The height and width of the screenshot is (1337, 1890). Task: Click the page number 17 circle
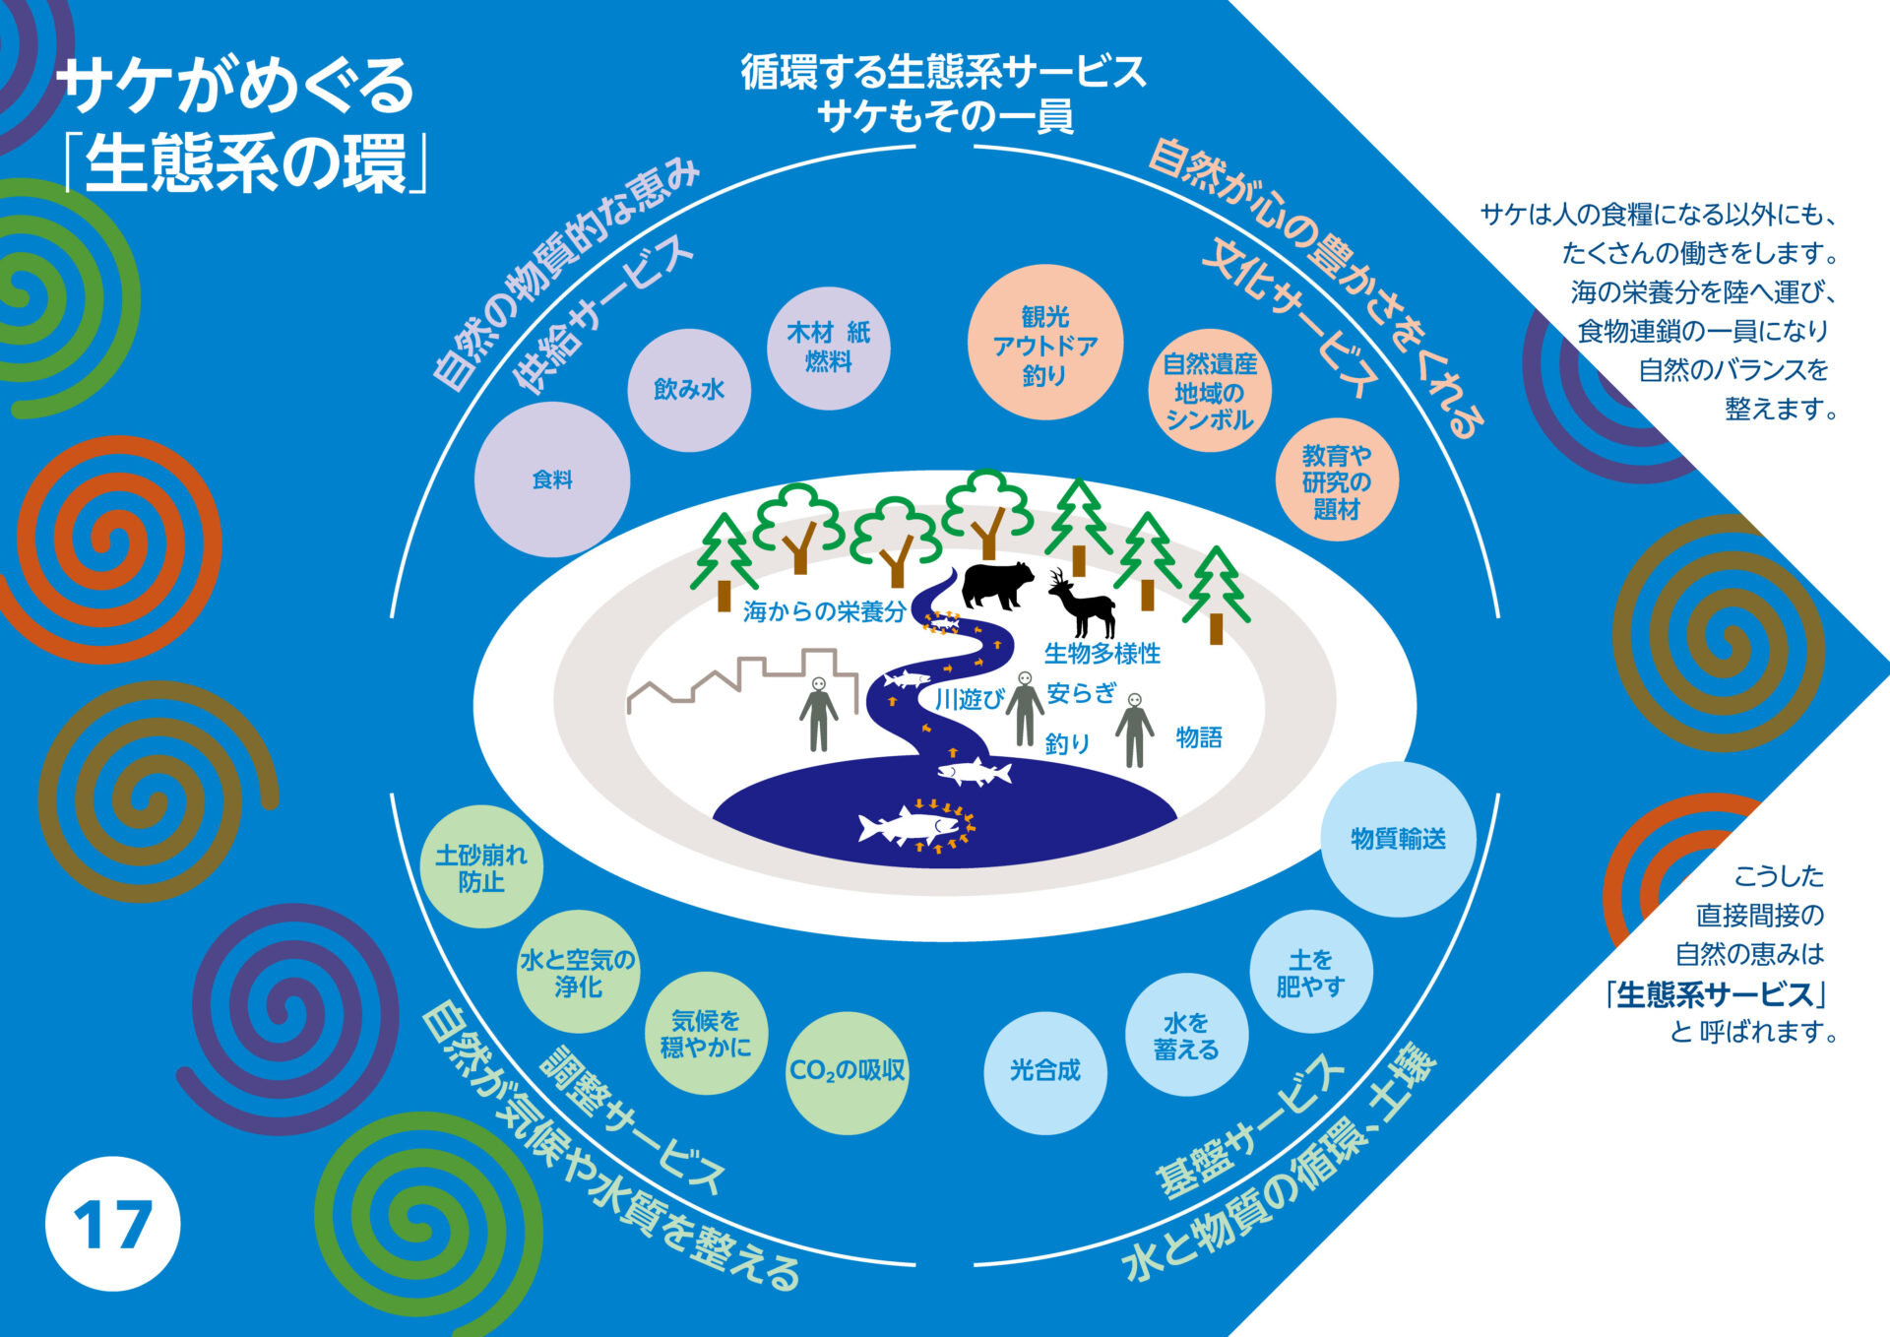[112, 1224]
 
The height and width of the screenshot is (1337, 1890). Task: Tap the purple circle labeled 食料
[552, 479]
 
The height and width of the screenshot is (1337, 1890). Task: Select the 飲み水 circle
[689, 390]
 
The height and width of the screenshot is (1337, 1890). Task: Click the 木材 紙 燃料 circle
[828, 348]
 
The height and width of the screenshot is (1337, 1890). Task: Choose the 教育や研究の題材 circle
[1336, 481]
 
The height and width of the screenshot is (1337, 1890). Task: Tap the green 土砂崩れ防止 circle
[481, 867]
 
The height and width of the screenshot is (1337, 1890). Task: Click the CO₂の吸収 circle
[847, 1072]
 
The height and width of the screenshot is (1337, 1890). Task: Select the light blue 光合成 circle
[1044, 1072]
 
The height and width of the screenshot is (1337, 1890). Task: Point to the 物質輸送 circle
[1398, 839]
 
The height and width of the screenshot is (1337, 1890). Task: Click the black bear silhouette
[996, 585]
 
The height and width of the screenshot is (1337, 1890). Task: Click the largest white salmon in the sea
[911, 825]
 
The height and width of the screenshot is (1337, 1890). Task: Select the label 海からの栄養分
[824, 612]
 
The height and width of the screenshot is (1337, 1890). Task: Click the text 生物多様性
[1102, 653]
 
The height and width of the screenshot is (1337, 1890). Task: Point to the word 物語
[1199, 737]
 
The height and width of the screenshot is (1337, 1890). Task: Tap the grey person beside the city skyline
[818, 714]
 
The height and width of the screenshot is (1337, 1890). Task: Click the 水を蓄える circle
[1186, 1036]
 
